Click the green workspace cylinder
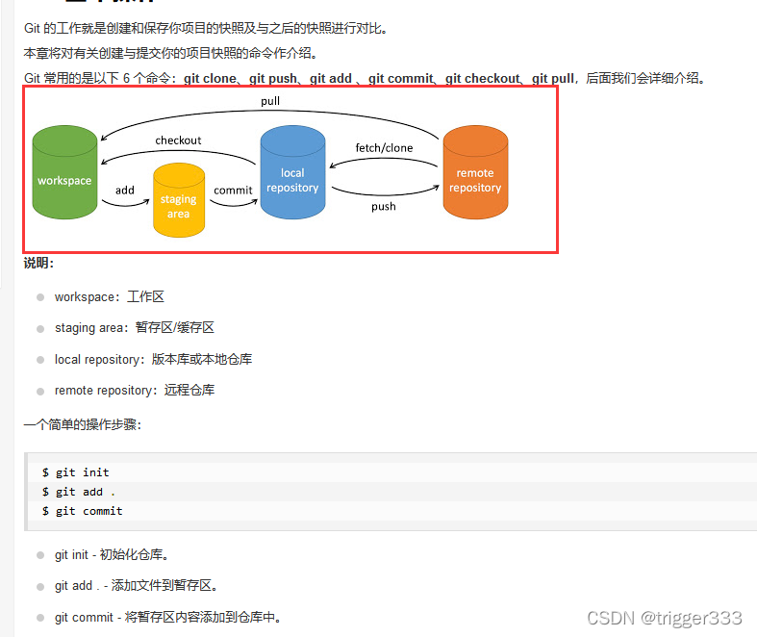64,173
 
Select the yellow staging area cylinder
179,201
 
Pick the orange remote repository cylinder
475,174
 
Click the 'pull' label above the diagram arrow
270,101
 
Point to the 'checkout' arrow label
178,140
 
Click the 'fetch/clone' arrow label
384,148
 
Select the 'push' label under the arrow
384,206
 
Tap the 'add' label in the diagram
125,191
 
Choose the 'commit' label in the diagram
233,191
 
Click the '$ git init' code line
76,472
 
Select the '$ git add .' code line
79,492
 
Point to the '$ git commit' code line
83,511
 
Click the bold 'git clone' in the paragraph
210,79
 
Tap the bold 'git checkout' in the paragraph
482,79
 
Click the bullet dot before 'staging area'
40,329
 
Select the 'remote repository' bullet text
135,391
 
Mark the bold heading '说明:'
39,263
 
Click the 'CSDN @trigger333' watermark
664,618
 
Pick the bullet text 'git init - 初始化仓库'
113,555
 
